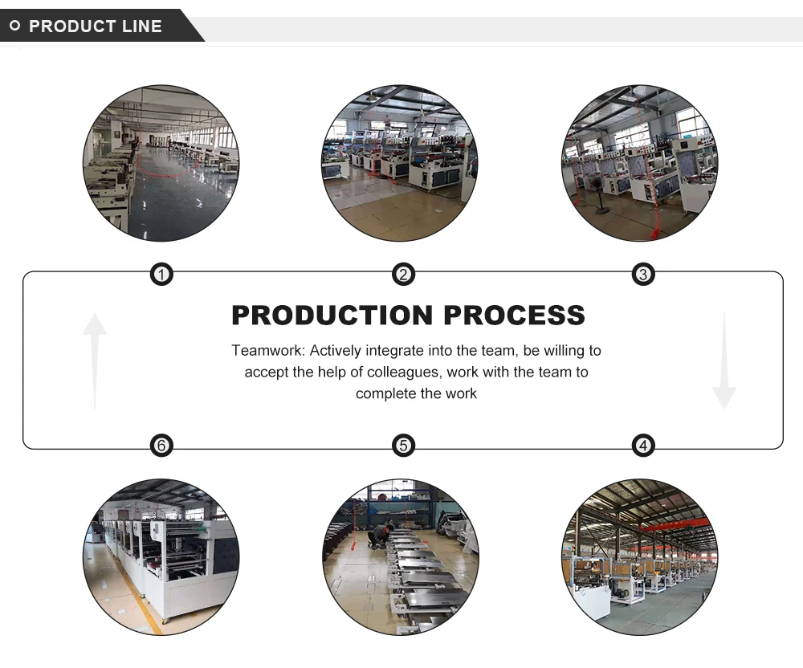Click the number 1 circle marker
tap(162, 275)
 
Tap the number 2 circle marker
tap(403, 275)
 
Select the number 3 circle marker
tap(642, 275)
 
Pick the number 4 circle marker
tap(642, 446)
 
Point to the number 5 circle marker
tap(403, 446)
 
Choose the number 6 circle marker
tap(162, 446)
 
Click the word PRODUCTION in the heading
tap(332, 316)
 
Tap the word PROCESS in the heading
tap(514, 316)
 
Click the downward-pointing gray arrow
tap(724, 360)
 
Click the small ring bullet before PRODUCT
tap(14, 26)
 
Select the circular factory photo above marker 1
tap(161, 163)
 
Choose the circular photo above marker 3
tap(639, 163)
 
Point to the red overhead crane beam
tap(675, 524)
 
